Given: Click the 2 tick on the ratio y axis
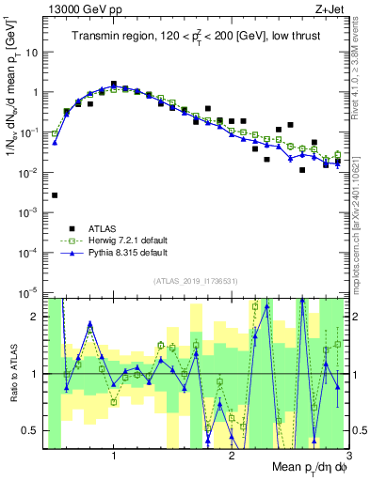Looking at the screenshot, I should (x=37, y=317).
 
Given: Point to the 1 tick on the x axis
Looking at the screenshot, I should (x=114, y=454).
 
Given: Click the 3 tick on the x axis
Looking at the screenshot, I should (x=348, y=454).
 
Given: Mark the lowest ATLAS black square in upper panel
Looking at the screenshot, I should (x=55, y=195).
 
